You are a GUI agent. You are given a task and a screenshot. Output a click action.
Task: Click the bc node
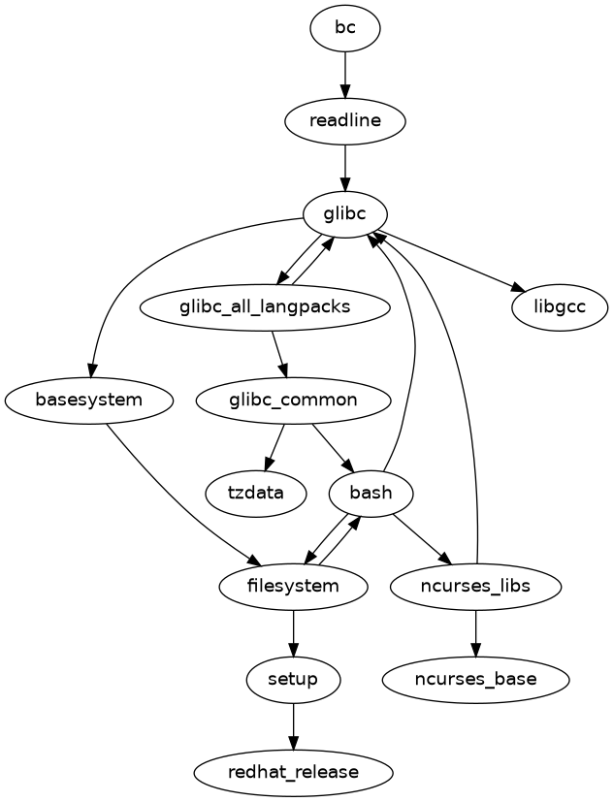pyautogui.click(x=344, y=28)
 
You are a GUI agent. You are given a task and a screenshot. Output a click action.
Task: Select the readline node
pyautogui.click(x=344, y=121)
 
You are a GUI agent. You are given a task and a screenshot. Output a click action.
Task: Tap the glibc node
pyautogui.click(x=344, y=214)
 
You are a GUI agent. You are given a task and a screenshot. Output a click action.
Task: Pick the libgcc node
pyautogui.click(x=560, y=307)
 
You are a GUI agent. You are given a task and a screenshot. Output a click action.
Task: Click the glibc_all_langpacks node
pyautogui.click(x=265, y=307)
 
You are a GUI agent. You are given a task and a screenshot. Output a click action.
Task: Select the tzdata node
pyautogui.click(x=256, y=493)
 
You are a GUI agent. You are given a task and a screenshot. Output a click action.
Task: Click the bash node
pyautogui.click(x=371, y=493)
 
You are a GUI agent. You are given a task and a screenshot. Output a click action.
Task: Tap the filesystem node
pyautogui.click(x=293, y=586)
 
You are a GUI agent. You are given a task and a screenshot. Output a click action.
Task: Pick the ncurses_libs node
pyautogui.click(x=475, y=586)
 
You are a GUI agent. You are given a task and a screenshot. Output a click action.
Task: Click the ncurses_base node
pyautogui.click(x=475, y=679)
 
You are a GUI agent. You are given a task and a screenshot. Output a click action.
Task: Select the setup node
pyautogui.click(x=293, y=679)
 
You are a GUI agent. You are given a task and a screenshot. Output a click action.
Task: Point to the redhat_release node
pyautogui.click(x=293, y=772)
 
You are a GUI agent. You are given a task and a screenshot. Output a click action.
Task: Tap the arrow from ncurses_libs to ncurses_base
pyautogui.click(x=475, y=632)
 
